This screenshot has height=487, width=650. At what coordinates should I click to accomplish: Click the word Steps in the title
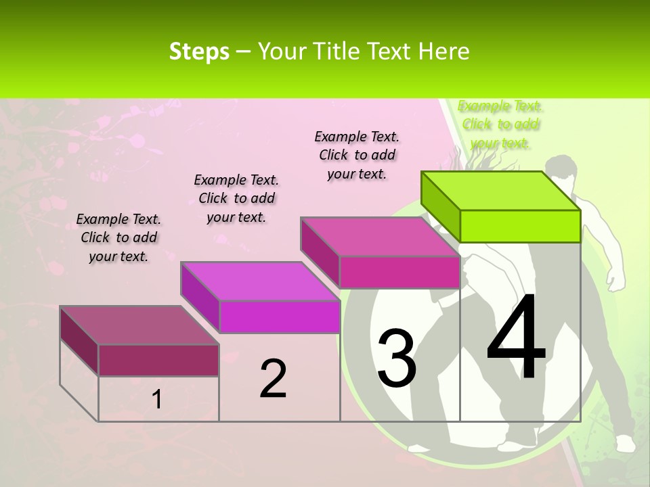[x=199, y=51]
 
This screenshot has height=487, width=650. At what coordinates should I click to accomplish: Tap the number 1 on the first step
[x=157, y=400]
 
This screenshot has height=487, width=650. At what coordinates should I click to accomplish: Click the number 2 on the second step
[x=273, y=379]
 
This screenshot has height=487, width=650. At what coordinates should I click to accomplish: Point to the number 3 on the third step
[x=397, y=358]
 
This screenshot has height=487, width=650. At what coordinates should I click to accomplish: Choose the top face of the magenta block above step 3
[x=380, y=237]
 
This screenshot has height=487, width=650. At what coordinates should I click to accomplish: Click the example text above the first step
[x=118, y=237]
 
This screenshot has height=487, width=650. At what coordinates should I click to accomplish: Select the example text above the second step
[x=236, y=198]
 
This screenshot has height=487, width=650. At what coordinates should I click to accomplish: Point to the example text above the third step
[x=357, y=155]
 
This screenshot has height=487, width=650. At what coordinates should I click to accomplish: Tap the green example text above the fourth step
[x=500, y=124]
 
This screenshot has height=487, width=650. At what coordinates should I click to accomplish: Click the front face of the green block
[x=520, y=226]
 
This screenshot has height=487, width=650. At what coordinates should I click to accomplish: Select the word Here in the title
[x=444, y=51]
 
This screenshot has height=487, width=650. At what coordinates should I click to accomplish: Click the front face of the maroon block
[x=158, y=360]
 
